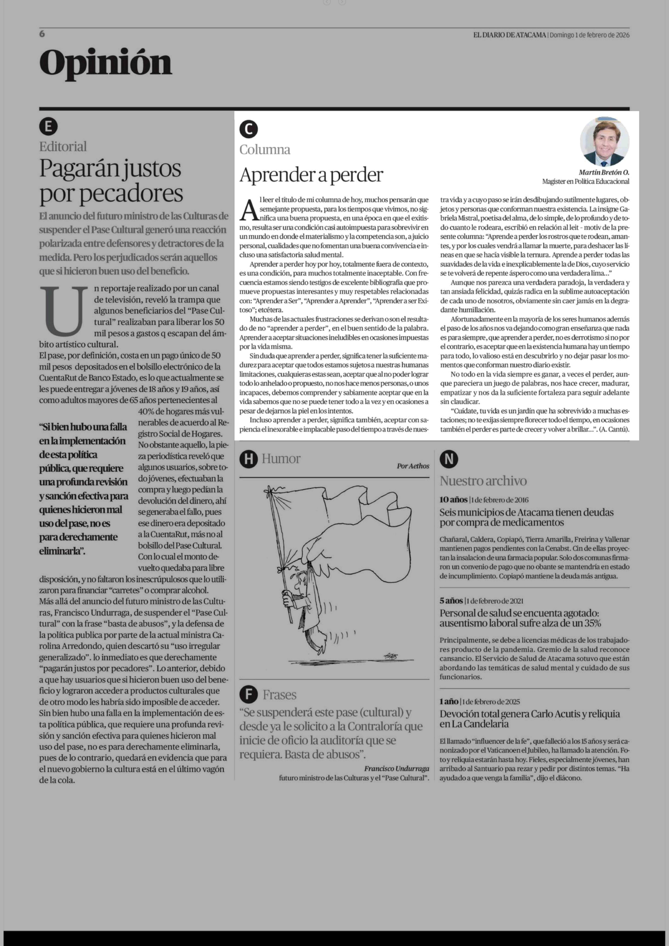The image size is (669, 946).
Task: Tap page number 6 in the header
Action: tap(42, 34)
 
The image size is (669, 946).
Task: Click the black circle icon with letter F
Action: tap(248, 695)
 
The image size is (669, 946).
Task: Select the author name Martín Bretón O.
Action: tap(604, 172)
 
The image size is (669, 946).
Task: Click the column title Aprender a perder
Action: tap(311, 175)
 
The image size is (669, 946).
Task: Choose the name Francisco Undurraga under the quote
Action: tap(396, 768)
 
